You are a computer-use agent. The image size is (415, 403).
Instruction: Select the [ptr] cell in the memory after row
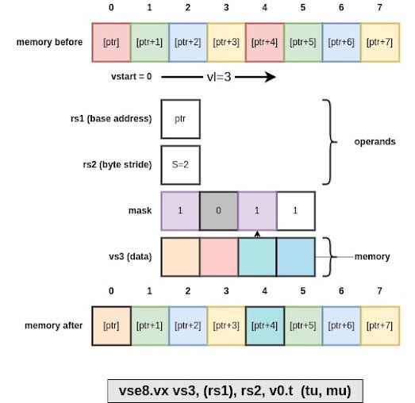click(111, 325)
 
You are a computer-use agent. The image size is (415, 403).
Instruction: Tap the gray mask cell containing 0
click(218, 210)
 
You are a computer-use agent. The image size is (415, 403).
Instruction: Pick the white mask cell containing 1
click(295, 210)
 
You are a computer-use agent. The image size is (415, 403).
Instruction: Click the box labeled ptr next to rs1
click(180, 119)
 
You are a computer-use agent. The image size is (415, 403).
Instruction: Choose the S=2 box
click(180, 164)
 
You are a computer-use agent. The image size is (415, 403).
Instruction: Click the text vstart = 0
click(133, 77)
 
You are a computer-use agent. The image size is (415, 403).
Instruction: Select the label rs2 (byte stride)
click(116, 164)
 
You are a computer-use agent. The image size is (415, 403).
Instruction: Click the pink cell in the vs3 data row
click(218, 257)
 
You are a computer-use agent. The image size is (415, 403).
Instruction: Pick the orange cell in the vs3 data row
click(180, 257)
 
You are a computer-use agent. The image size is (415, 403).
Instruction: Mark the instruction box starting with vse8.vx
click(235, 390)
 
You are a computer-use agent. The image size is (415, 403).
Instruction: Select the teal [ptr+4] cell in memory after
click(264, 325)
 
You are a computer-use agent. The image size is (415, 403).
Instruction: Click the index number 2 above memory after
click(188, 292)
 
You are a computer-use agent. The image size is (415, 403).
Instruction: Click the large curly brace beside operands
click(330, 141)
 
